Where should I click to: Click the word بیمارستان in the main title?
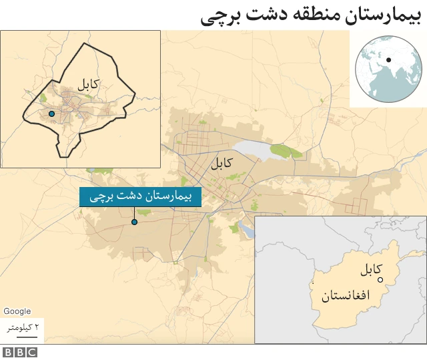click(379, 15)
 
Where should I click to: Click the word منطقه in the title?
click(312, 15)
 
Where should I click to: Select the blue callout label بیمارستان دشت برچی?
click(140, 197)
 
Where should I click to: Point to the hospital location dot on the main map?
click(134, 222)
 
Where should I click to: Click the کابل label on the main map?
click(222, 162)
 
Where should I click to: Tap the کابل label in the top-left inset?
click(87, 85)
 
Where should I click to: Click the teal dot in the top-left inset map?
click(51, 114)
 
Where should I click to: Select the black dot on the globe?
click(388, 61)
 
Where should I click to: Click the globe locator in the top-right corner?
click(388, 68)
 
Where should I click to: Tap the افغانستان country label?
click(345, 296)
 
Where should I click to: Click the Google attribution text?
click(17, 311)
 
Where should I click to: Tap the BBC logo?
click(19, 352)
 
